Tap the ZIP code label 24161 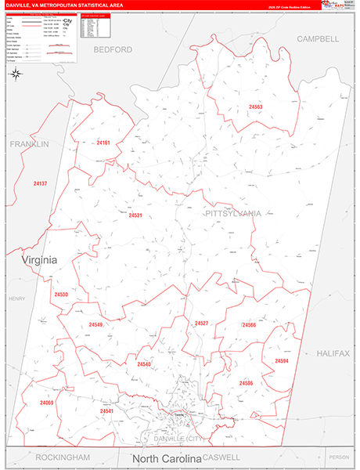tap(104, 143)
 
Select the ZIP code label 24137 tap(41, 183)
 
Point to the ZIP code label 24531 tap(135, 215)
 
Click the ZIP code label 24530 tap(61, 295)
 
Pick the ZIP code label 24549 tap(95, 324)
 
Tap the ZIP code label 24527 tap(201, 323)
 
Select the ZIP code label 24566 tap(249, 324)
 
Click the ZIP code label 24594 tap(281, 360)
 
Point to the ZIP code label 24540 tap(144, 364)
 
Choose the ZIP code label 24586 tap(246, 382)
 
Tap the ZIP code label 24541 tap(106, 410)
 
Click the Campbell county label tap(317, 38)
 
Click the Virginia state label tap(39, 260)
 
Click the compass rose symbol tap(16, 74)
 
